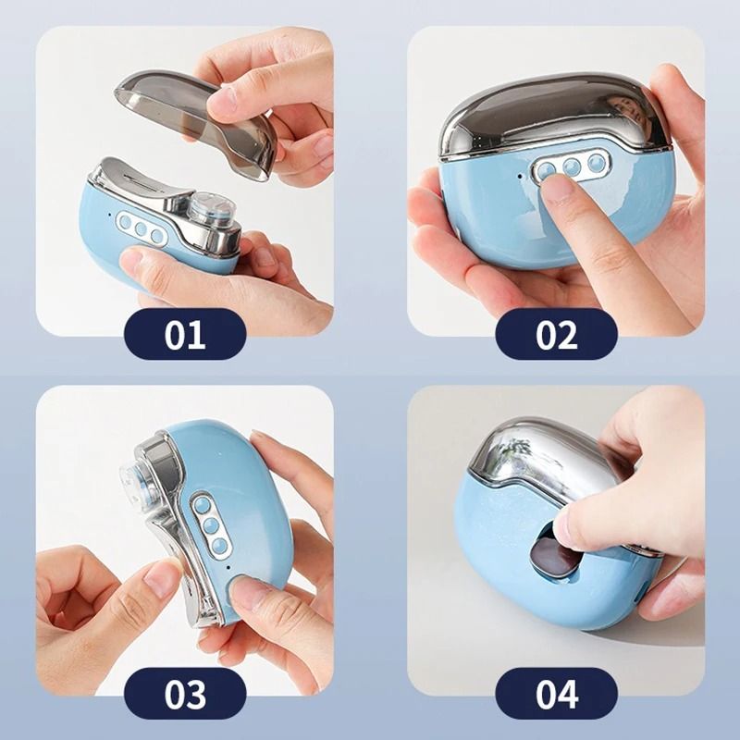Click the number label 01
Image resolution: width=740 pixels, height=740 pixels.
point(185,334)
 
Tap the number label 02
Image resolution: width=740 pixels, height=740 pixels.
point(556,334)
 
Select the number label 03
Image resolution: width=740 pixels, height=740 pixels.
point(185,693)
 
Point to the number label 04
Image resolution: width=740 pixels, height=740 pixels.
point(556,693)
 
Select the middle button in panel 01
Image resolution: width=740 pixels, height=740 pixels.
point(142,229)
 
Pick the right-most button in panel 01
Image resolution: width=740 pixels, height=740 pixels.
point(158,236)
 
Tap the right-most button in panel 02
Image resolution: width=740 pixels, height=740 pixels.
point(595,163)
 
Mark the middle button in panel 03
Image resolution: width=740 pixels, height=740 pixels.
point(211,525)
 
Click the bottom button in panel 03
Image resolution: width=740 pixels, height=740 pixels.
point(218,546)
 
